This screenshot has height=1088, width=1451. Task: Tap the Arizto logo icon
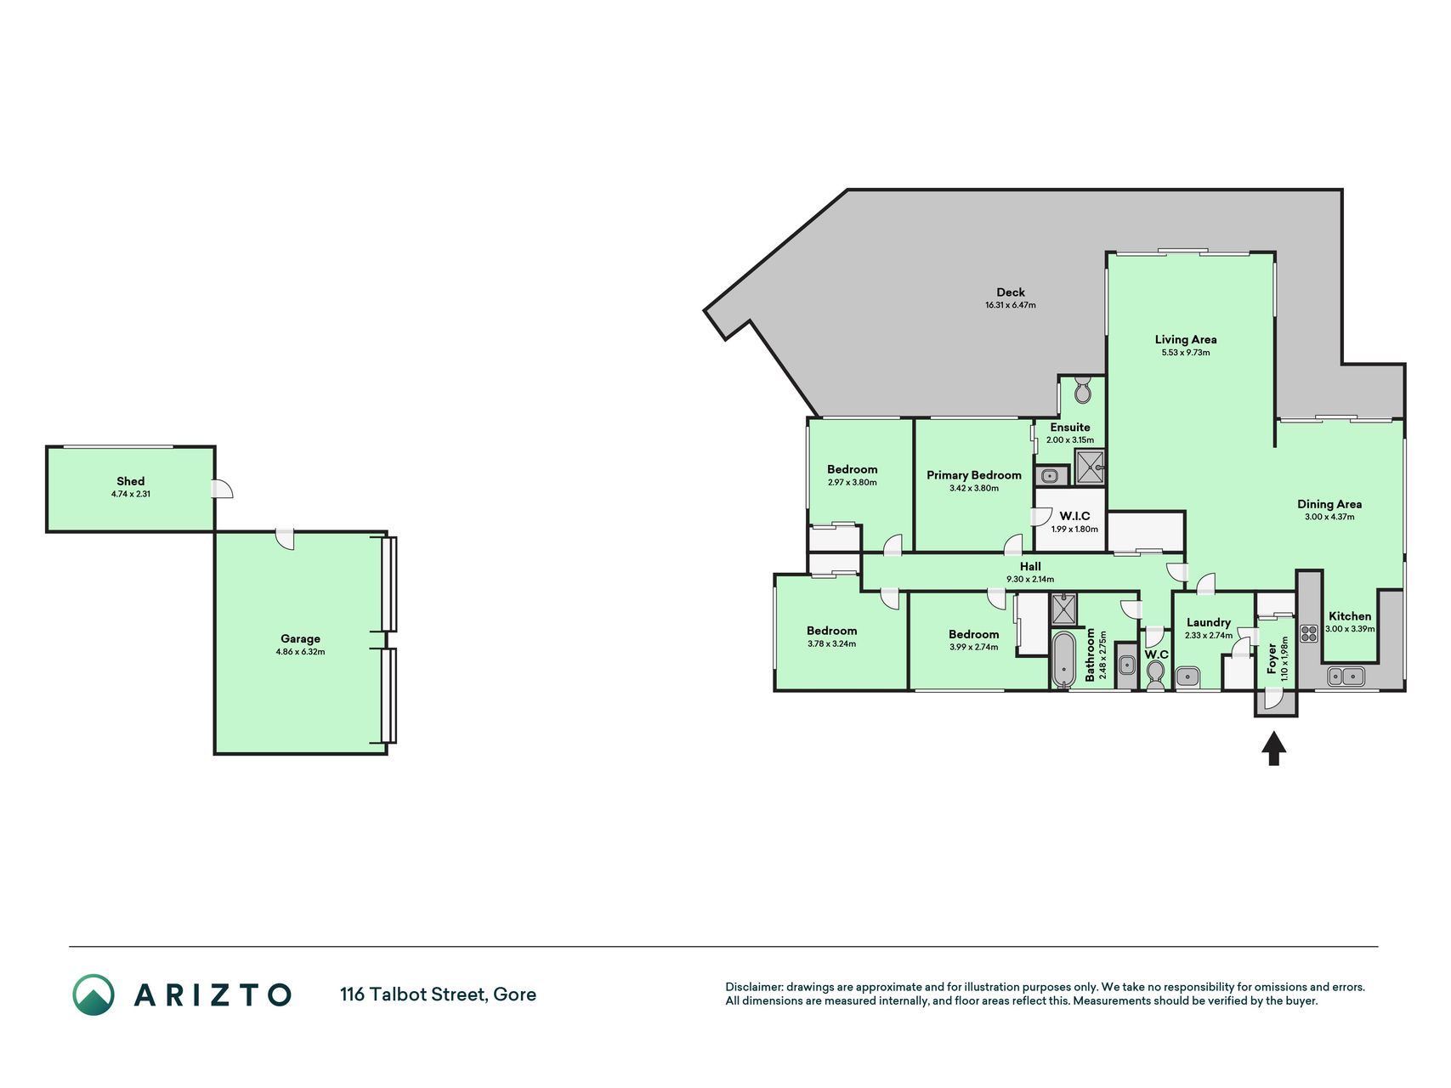94,994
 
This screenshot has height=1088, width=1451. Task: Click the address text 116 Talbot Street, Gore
438,994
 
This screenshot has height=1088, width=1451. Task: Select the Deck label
1011,292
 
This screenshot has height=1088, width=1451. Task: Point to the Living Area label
1186,339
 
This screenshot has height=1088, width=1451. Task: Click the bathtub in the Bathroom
1063,659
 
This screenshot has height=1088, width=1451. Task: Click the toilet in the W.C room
1155,674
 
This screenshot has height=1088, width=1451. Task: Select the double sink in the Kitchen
1346,677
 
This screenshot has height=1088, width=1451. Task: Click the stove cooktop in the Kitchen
1309,633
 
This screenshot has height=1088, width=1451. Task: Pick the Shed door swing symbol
223,489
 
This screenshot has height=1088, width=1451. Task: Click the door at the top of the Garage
285,539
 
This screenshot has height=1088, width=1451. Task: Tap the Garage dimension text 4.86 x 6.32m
300,652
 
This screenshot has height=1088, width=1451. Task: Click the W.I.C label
1074,516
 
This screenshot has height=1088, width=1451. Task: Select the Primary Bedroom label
974,475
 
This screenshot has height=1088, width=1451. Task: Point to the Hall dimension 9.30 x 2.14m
1030,580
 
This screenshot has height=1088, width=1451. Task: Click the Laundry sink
1187,677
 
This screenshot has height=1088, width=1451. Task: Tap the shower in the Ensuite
1091,467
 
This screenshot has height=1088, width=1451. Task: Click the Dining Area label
1329,504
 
